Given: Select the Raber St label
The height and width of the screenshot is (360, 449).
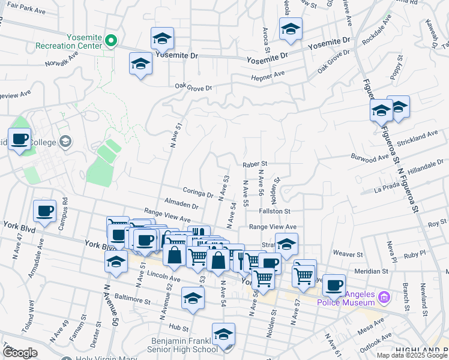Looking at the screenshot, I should pyautogui.click(x=255, y=163).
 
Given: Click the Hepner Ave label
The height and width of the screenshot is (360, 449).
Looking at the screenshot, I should pyautogui.click(x=271, y=74).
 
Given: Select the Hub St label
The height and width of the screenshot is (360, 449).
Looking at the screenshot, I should pyautogui.click(x=178, y=327).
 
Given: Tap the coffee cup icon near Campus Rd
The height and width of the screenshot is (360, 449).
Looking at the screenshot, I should pyautogui.click(x=45, y=211).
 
